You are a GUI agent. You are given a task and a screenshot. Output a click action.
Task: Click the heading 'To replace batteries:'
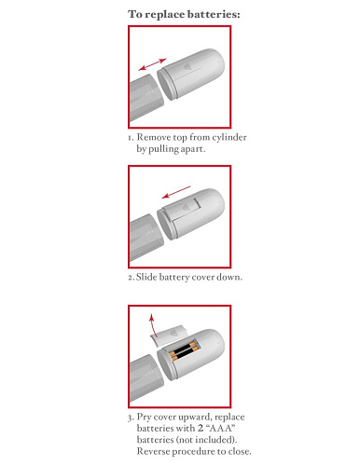tap(184, 14)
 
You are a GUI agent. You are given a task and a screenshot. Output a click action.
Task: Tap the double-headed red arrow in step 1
tap(153, 64)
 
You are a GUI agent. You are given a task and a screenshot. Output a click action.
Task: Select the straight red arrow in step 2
tap(176, 192)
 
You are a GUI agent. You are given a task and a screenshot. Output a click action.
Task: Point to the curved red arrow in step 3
tap(152, 325)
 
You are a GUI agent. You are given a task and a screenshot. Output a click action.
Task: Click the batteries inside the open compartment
tap(184, 351)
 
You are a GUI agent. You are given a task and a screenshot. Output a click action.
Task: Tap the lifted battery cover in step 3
tap(168, 335)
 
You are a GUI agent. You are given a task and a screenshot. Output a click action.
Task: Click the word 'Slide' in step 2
tap(146, 277)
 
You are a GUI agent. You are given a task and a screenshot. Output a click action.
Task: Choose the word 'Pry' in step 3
tap(145, 417)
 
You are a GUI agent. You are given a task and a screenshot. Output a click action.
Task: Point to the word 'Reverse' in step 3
tap(154, 451)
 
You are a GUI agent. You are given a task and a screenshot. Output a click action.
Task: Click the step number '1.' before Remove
tap(131, 138)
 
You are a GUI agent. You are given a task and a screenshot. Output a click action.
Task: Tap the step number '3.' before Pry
tap(131, 418)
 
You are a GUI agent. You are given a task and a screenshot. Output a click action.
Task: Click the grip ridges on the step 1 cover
tap(187, 67)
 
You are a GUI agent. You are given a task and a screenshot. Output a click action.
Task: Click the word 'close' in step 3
tap(240, 451)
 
